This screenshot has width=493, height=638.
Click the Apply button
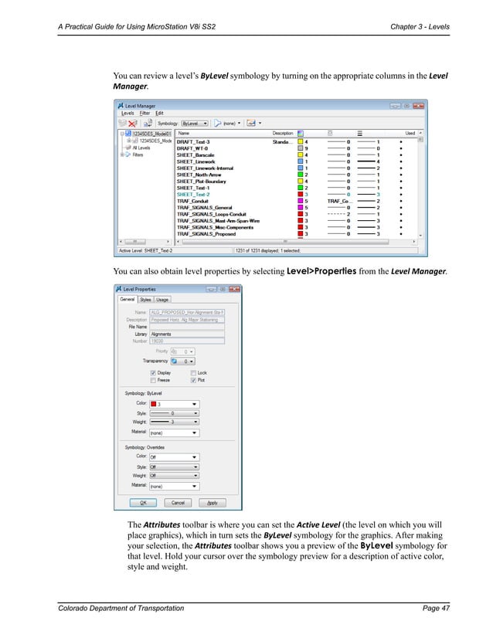point(212,502)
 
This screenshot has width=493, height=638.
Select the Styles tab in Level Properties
point(144,300)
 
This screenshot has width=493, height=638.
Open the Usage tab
point(161,300)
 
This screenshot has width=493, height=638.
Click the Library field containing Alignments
point(186,334)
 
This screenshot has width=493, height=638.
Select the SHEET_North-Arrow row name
point(199,174)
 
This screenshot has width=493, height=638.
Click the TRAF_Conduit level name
point(193,200)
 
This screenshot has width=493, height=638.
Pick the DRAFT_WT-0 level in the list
point(193,148)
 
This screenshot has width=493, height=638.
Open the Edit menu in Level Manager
point(160,114)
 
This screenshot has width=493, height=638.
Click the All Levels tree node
point(142,148)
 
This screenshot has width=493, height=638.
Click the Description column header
point(282,133)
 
